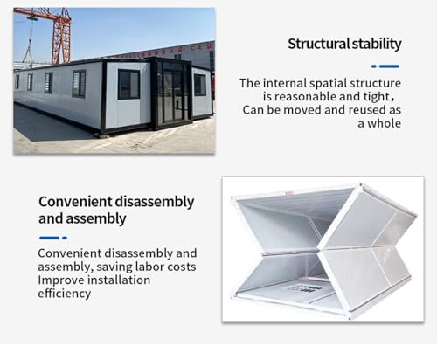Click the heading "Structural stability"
(x=344, y=45)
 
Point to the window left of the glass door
(x=128, y=85)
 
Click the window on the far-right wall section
(x=199, y=84)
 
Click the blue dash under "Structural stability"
(x=385, y=66)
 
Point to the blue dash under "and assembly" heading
(x=52, y=238)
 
